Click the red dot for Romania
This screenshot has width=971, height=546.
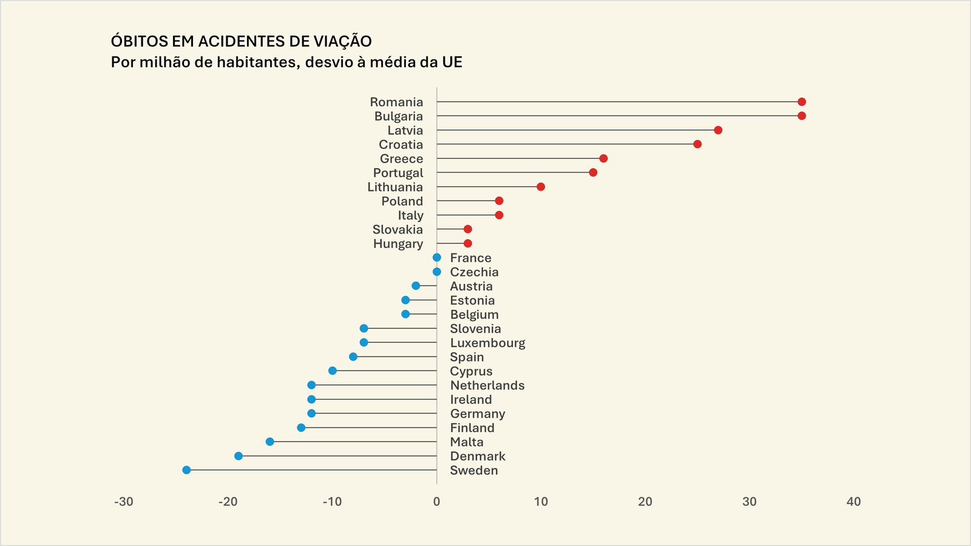point(802,102)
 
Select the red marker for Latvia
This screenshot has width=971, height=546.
point(718,130)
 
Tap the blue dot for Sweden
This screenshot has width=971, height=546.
point(186,470)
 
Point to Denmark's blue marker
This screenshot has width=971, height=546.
point(239,456)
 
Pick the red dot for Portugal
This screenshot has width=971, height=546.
point(593,173)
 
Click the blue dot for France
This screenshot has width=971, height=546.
point(437,258)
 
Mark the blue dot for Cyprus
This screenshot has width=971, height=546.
point(333,371)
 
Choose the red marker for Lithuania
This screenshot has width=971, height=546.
point(541,187)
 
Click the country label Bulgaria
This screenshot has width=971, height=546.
point(398,116)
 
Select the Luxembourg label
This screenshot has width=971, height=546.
point(487,343)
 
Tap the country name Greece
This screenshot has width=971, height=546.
point(401,159)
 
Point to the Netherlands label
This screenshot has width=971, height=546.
point(487,385)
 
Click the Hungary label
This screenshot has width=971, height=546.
point(398,244)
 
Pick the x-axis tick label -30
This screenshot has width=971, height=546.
point(124,502)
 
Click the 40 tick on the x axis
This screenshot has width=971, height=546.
point(853,502)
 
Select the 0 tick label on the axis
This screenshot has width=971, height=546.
point(437,502)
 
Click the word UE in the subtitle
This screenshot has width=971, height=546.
point(452,62)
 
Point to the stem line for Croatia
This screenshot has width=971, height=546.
point(564,144)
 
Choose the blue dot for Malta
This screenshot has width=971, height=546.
point(270,442)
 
